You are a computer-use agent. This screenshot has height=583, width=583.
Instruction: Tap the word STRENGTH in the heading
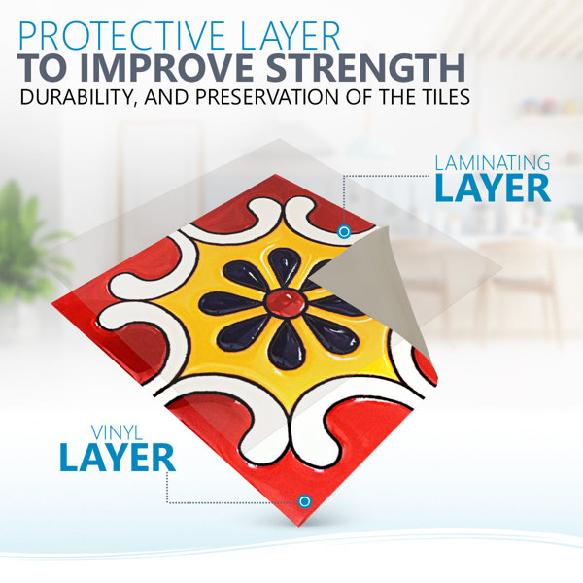pyautogui.click(x=366, y=68)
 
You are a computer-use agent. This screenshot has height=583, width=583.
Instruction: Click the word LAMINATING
pyautogui.click(x=493, y=163)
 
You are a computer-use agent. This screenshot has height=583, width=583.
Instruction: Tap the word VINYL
pyautogui.click(x=117, y=432)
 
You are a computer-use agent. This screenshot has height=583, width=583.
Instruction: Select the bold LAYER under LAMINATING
pyautogui.click(x=493, y=189)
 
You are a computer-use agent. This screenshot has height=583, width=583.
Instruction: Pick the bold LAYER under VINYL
pyautogui.click(x=118, y=458)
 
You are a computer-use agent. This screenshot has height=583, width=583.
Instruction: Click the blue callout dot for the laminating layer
pyautogui.click(x=344, y=232)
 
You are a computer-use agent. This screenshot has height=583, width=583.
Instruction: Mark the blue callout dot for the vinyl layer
pyautogui.click(x=304, y=501)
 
